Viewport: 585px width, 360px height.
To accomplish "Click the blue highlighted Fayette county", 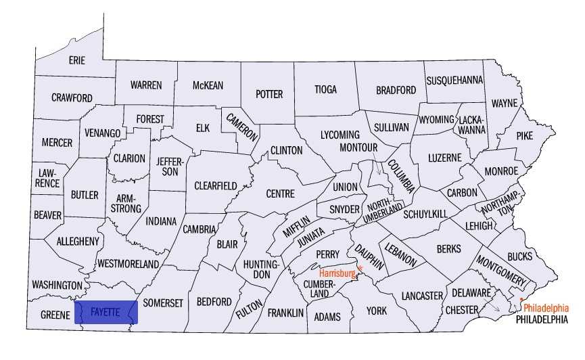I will tap(108, 313).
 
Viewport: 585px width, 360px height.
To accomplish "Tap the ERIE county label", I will tap(77, 60).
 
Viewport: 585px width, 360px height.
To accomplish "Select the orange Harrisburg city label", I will tap(337, 273).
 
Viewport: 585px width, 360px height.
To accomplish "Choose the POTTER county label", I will tap(268, 94).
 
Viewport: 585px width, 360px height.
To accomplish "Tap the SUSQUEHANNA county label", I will tap(454, 80).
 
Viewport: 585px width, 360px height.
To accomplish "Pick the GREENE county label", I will tap(55, 315).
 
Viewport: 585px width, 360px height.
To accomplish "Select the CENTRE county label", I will tap(280, 194).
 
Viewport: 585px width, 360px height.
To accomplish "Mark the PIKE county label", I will tap(524, 135).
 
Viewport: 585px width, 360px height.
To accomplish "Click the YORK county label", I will tap(376, 311).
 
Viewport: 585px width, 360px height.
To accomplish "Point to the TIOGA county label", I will tap(325, 89).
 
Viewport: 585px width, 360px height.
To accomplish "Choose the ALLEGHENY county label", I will tap(78, 241).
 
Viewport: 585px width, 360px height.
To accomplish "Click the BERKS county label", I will tap(448, 249).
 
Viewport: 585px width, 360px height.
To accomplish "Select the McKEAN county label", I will tap(208, 85).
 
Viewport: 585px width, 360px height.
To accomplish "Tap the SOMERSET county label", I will tap(163, 303).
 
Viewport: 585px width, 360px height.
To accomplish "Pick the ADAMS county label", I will tap(327, 317).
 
